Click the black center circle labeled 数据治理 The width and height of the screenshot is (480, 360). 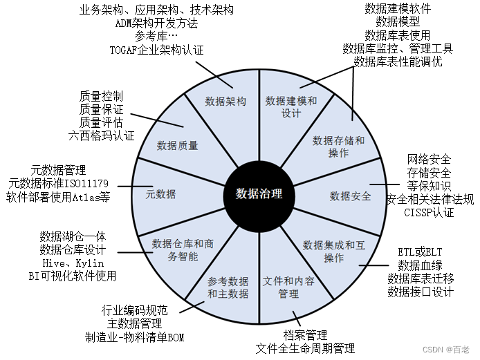(x=259, y=193)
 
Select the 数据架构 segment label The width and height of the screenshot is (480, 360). (x=225, y=101)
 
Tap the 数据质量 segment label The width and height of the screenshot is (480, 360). (x=177, y=145)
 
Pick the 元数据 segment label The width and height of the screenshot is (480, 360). (x=160, y=194)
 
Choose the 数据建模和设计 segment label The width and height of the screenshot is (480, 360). (x=291, y=106)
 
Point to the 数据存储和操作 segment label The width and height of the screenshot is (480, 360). (x=339, y=146)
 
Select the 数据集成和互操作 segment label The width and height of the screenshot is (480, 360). (x=333, y=251)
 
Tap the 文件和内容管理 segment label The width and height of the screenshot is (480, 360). (x=289, y=288)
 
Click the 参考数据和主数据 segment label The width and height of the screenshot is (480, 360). (x=228, y=288)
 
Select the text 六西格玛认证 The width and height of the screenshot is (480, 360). (x=101, y=135)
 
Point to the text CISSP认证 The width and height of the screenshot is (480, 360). (x=429, y=212)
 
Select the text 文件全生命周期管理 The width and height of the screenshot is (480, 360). (x=305, y=348)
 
